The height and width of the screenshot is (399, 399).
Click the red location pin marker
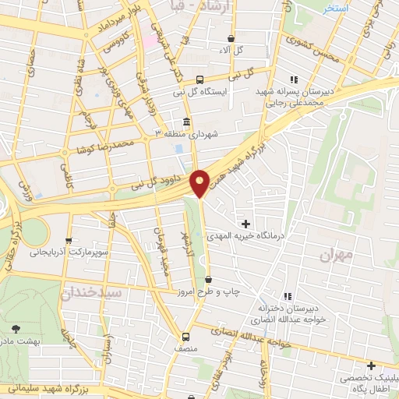(200, 182)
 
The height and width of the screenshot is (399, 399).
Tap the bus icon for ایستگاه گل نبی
(200, 79)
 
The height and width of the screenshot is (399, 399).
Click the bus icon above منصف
(185, 337)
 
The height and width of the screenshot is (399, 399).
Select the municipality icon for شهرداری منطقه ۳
(186, 122)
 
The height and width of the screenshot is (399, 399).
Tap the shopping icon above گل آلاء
(231, 38)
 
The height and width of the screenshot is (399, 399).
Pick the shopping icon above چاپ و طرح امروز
(208, 279)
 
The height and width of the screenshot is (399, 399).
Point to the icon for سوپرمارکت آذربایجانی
(71, 240)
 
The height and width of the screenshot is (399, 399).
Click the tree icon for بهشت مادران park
(18, 329)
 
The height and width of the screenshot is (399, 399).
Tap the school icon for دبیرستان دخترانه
(288, 296)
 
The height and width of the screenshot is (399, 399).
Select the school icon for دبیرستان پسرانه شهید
(294, 79)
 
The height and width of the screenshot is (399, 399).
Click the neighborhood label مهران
(336, 254)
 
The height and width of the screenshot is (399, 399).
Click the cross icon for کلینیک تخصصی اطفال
(371, 365)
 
